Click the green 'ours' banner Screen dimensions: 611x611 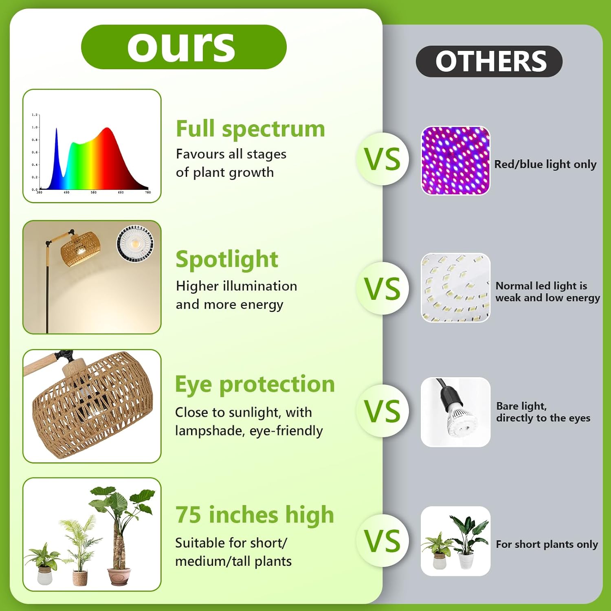click(184, 47)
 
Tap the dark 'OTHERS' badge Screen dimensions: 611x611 click(489, 62)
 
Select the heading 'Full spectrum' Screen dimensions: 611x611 click(251, 129)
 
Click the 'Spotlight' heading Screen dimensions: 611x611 click(227, 259)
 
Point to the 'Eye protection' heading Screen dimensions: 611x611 click(255, 384)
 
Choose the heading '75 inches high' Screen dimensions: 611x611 click(255, 514)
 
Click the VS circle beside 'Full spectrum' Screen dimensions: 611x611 click(382, 159)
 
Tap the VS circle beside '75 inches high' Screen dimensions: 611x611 click(382, 541)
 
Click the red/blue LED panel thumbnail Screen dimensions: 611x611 click(455, 160)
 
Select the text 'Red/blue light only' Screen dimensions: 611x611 click(545, 164)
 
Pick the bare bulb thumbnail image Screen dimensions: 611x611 click(455, 412)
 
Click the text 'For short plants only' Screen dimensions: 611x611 click(547, 544)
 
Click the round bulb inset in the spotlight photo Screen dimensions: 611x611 click(136, 243)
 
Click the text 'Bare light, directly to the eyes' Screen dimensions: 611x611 click(543, 412)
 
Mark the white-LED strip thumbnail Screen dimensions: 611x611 click(455, 288)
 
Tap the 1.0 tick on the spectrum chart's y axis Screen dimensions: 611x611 click(35, 127)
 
